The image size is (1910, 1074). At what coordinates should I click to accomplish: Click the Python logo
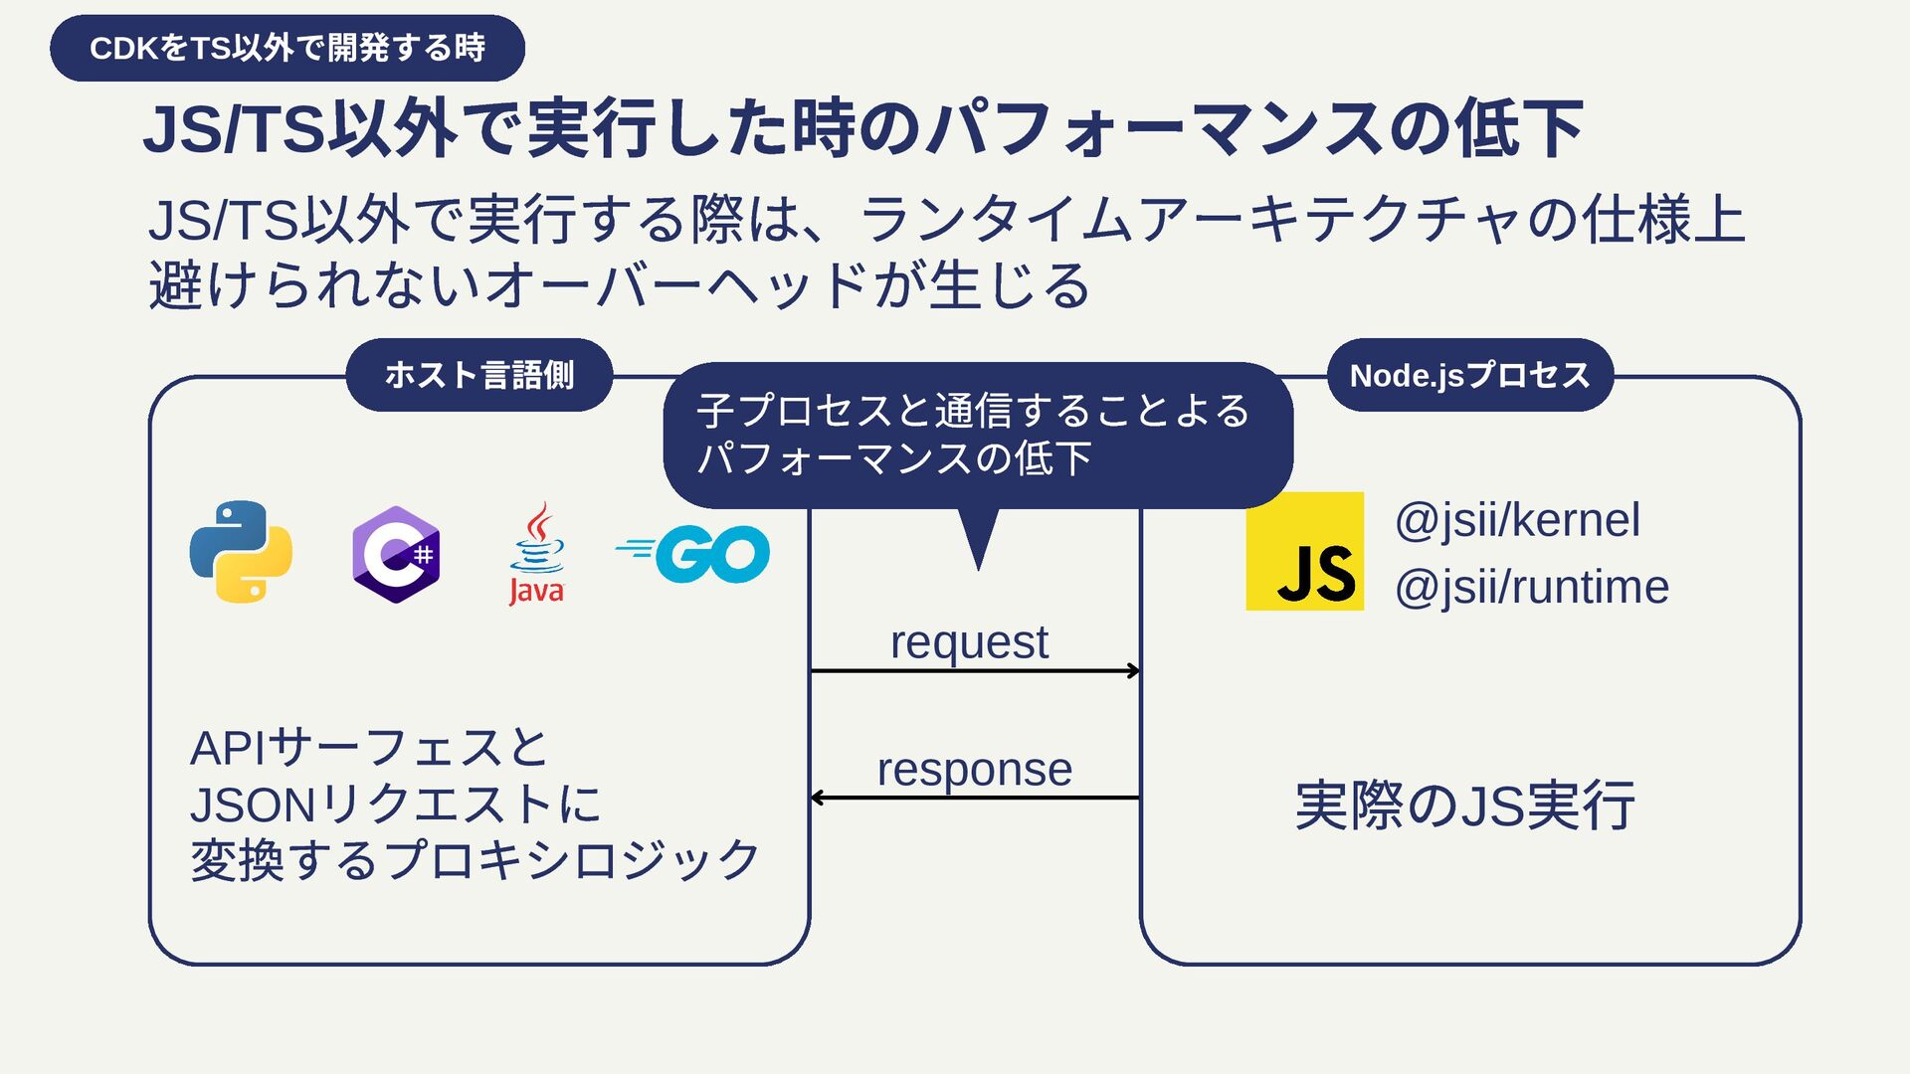(x=241, y=552)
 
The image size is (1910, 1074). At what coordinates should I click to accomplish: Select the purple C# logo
(x=396, y=554)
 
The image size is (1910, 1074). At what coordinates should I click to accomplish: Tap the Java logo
(x=536, y=554)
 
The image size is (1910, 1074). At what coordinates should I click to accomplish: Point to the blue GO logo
(x=694, y=554)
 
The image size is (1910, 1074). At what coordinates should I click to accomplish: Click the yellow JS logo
(x=1304, y=551)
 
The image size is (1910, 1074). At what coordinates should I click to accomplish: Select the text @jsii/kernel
(x=1517, y=520)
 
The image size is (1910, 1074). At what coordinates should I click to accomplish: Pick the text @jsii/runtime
(x=1531, y=587)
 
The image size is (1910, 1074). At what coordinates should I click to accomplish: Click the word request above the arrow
(x=969, y=642)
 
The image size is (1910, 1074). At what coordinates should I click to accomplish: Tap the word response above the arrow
(x=974, y=770)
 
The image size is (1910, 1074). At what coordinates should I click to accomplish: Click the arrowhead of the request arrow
(x=1134, y=671)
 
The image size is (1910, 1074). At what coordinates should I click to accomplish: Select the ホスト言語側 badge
(x=478, y=375)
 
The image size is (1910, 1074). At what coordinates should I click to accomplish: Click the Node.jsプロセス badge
(x=1469, y=375)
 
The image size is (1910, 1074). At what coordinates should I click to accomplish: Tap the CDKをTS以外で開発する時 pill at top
(x=287, y=48)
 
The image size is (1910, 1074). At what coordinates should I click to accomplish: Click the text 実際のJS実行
(x=1464, y=805)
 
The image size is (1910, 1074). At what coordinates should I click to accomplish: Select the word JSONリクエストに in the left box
(x=395, y=805)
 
